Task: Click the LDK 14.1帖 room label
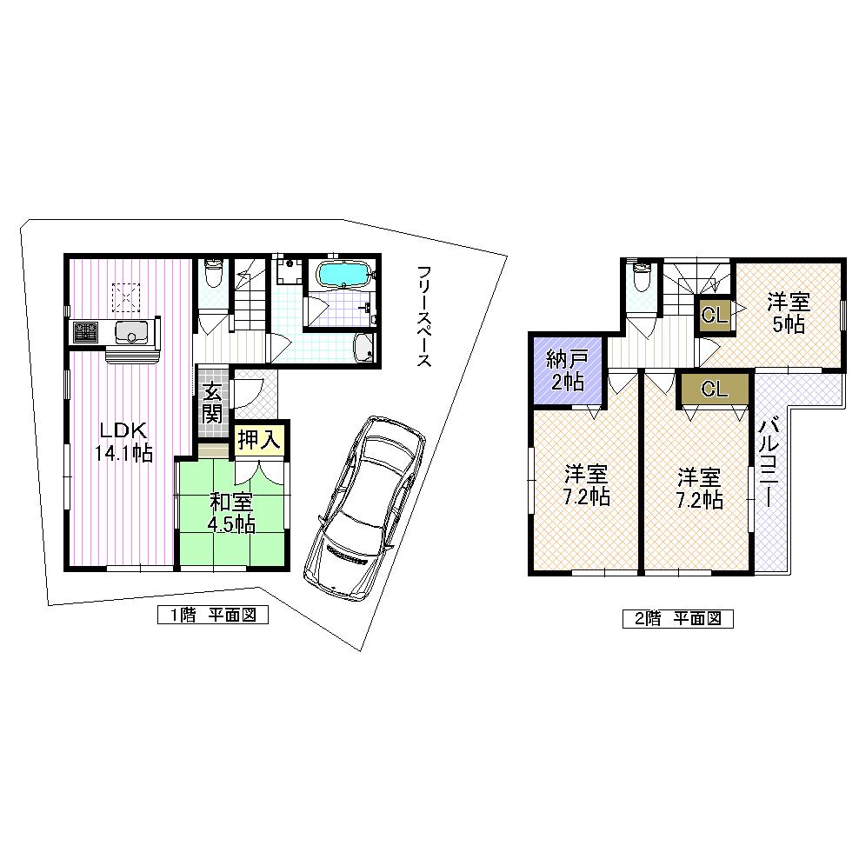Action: [125, 441]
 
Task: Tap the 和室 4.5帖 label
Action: [230, 512]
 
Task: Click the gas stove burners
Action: [86, 331]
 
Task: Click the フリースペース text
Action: [423, 316]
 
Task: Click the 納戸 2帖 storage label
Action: [565, 371]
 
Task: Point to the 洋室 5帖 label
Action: [788, 313]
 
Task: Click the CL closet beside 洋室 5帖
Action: [714, 316]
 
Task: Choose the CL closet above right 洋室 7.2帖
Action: [714, 389]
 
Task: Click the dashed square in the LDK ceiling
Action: [126, 297]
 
